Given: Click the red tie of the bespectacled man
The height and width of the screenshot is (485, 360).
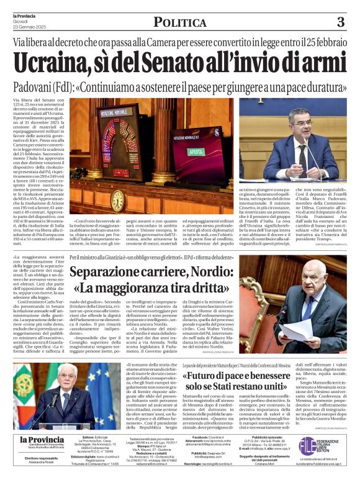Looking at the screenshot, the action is click(x=302, y=155).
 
